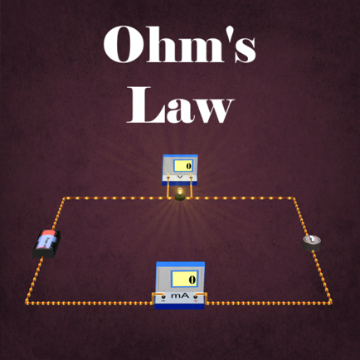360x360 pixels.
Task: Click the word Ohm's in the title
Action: click(179, 45)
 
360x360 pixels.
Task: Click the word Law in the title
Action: click(180, 105)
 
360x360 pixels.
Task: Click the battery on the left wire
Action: click(46, 244)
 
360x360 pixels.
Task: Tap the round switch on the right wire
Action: click(312, 243)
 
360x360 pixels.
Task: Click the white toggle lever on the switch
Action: click(312, 239)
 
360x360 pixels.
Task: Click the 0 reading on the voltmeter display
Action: click(188, 166)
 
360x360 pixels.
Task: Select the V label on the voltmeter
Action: click(180, 177)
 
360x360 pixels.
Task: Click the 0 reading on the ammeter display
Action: click(192, 280)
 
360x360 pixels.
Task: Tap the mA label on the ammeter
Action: click(180, 295)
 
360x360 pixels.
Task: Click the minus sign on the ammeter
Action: click(163, 301)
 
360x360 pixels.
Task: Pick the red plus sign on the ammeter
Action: click(196, 300)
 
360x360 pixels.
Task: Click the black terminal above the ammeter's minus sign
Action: click(164, 296)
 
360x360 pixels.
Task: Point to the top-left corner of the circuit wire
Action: click(64, 198)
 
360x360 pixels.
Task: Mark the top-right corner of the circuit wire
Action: click(294, 198)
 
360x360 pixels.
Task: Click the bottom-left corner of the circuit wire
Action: click(27, 303)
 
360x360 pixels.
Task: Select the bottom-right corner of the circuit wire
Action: click(330, 303)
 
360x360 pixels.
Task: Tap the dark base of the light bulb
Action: click(180, 197)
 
